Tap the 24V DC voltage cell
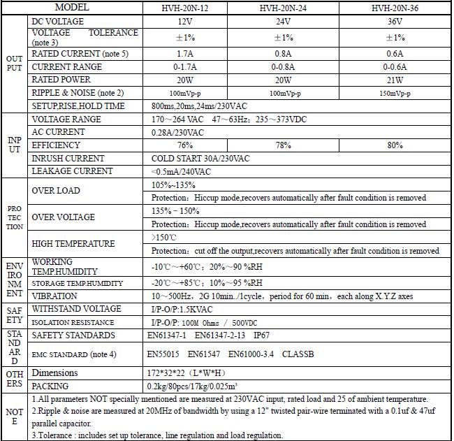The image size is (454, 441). pos(282,22)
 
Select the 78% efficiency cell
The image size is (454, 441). pos(283,145)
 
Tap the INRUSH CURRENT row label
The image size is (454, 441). pos(68,159)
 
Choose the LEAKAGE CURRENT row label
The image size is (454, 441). pos(72,171)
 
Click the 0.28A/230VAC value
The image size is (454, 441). pos(177,133)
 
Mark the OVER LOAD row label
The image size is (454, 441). pos(56,191)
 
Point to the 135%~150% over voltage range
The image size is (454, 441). pos(175,211)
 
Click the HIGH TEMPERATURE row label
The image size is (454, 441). pos(73,244)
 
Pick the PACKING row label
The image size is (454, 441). pos(50,386)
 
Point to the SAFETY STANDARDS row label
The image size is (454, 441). pos(72,335)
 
